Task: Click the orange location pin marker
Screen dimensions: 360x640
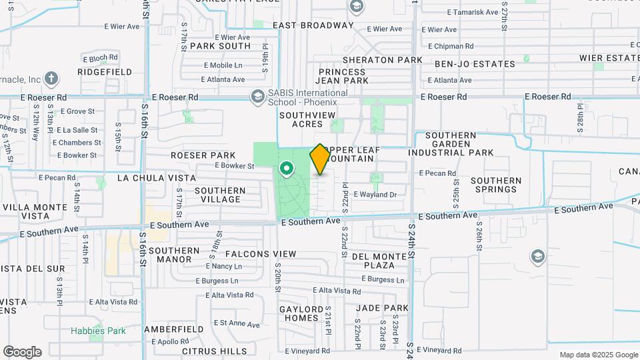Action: click(320, 159)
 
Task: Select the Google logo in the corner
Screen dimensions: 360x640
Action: click(21, 351)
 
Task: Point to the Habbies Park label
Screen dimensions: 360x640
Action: click(99, 331)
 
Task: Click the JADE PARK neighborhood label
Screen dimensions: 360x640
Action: click(382, 308)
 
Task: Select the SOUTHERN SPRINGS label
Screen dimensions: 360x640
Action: click(496, 185)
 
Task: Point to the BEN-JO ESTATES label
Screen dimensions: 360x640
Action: click(475, 64)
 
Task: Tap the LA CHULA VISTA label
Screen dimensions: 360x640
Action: click(157, 178)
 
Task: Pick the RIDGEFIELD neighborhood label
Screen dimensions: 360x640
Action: click(105, 71)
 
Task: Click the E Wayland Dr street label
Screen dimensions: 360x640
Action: click(375, 195)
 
